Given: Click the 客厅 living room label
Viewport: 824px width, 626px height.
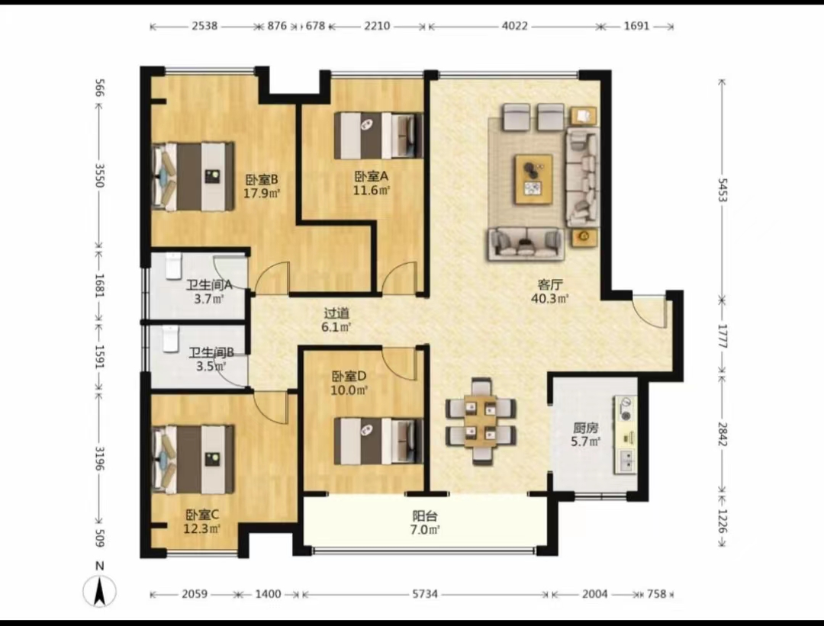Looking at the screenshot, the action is [x=550, y=284].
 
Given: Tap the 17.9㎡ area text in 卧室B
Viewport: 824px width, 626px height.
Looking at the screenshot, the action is [x=262, y=193].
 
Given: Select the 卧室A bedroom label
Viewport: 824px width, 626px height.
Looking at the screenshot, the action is [x=371, y=176].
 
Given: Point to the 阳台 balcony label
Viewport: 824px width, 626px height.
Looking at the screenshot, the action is [x=425, y=516].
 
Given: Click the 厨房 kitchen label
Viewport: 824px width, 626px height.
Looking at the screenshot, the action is [x=586, y=428].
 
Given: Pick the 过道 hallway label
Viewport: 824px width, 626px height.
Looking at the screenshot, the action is [x=336, y=313].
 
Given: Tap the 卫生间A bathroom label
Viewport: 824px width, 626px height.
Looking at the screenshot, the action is [x=209, y=285].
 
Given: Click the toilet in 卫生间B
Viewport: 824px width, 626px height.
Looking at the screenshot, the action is [x=170, y=339].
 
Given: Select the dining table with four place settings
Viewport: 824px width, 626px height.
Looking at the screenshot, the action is [x=481, y=420].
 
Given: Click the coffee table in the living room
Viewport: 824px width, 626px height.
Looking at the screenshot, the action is [x=533, y=179].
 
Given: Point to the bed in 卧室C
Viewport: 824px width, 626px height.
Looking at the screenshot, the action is [x=193, y=460].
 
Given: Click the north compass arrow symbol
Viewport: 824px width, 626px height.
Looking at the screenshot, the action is [x=100, y=590].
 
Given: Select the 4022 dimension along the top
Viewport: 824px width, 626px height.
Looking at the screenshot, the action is [x=514, y=26].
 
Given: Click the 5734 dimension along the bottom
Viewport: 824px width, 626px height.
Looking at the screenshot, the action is [x=425, y=594].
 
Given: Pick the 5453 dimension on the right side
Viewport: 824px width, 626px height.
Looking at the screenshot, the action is [x=723, y=190].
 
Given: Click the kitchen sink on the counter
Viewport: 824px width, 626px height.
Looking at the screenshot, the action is [x=626, y=461].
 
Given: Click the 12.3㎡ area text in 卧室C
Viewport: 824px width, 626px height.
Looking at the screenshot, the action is [x=201, y=529].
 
